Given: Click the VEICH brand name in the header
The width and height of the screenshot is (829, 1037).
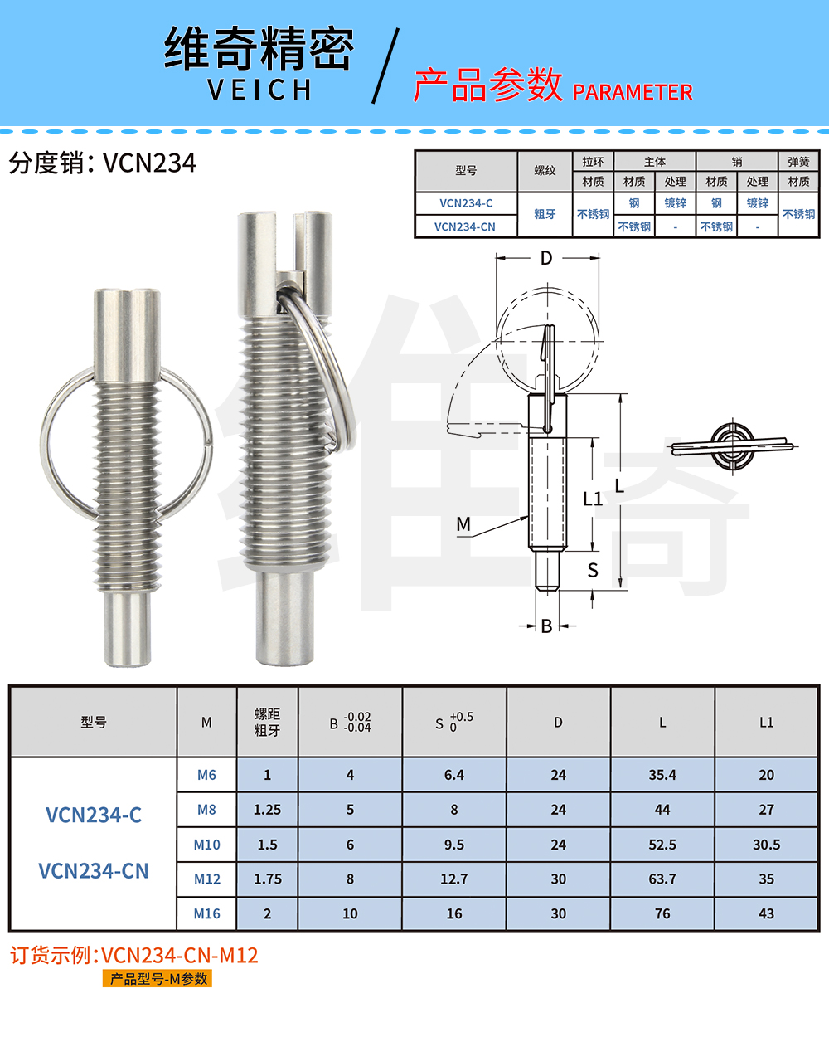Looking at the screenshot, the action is click(x=259, y=90).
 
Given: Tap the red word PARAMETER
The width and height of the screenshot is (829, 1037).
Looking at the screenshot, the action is click(x=633, y=92).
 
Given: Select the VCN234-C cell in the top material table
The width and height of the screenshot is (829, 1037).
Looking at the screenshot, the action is click(x=466, y=203).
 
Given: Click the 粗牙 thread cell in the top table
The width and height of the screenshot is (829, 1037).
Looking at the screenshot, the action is click(x=545, y=214).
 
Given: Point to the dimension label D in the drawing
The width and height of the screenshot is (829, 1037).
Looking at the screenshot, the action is click(x=546, y=258).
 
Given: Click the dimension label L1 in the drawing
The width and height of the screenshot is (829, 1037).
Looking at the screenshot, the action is click(x=593, y=499).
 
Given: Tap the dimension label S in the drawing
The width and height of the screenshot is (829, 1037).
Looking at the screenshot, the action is click(x=593, y=571).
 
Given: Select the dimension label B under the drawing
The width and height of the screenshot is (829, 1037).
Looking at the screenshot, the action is click(x=546, y=626).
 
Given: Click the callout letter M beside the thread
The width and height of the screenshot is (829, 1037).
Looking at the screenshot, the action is click(x=463, y=523).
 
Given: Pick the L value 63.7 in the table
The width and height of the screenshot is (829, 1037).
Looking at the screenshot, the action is click(x=662, y=879).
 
